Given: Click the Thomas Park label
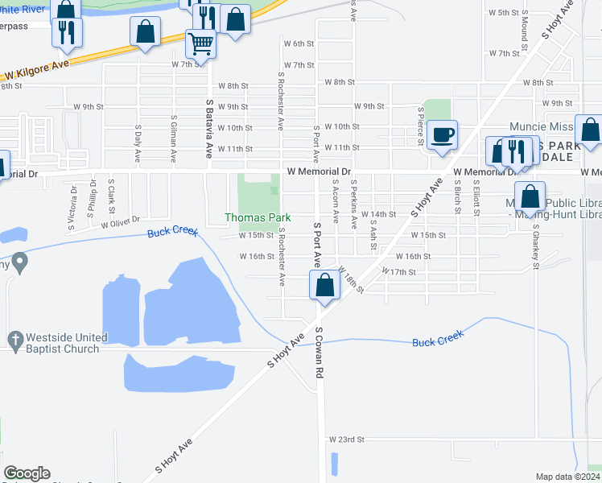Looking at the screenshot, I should tap(257, 218).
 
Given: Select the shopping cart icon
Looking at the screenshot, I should tap(200, 42).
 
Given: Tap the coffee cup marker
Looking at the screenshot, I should tap(442, 134).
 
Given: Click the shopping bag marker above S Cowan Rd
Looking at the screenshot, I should tap(324, 285).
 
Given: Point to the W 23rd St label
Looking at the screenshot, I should tap(347, 440).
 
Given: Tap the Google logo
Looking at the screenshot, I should tap(27, 473).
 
